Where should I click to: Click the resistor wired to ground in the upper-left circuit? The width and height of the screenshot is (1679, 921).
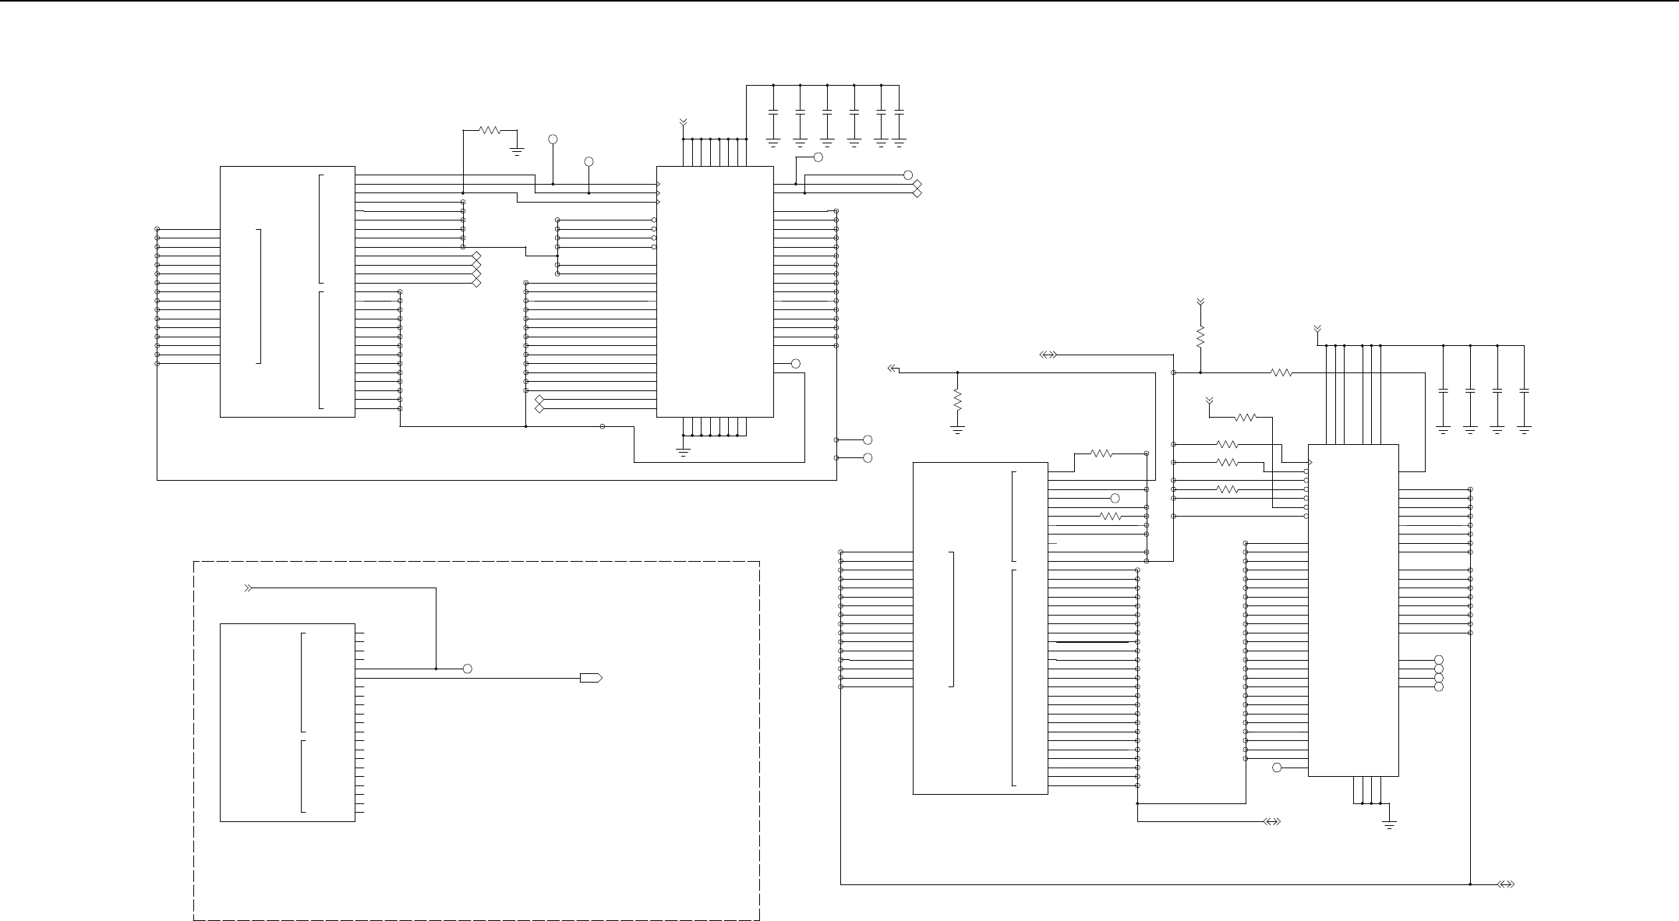[490, 130]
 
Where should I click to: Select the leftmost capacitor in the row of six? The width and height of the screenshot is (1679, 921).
[773, 114]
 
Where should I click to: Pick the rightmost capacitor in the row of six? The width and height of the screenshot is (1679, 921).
[899, 114]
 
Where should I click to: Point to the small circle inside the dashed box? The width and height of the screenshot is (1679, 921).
[467, 669]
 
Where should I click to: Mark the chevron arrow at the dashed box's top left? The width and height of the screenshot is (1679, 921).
[249, 588]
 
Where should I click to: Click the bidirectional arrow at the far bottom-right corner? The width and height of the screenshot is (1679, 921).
[1506, 884]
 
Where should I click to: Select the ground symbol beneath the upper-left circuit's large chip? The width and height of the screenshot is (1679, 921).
[683, 450]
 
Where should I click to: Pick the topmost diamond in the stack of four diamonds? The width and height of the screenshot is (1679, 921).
[476, 256]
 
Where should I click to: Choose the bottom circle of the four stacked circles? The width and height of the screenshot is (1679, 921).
[1438, 687]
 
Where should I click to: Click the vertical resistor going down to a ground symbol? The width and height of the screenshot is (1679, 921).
[957, 401]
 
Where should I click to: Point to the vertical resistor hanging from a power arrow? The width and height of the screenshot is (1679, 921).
[1200, 337]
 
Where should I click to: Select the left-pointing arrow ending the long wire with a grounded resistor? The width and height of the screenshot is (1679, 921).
[893, 369]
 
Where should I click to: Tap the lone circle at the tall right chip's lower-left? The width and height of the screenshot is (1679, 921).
[1276, 767]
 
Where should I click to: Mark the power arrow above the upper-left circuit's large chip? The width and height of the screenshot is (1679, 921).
[683, 122]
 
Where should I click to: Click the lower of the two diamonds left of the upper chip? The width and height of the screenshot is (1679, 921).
[539, 408]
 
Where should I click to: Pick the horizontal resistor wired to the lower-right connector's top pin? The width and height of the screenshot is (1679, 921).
[1101, 453]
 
